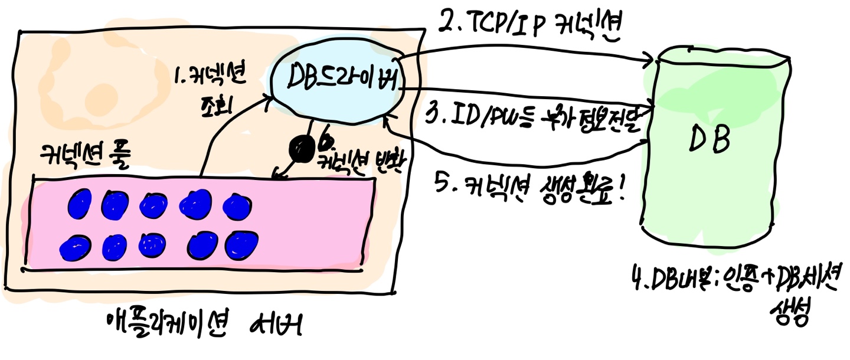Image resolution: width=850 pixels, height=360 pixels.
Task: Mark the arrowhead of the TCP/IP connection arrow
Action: tap(652, 59)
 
